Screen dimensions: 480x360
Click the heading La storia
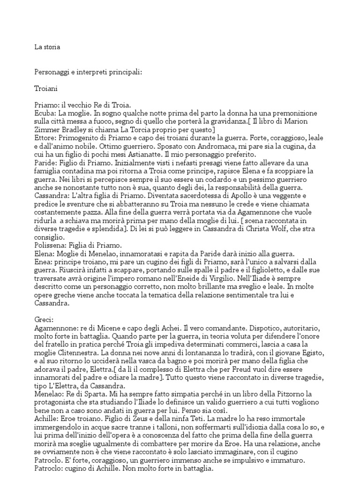click(47, 47)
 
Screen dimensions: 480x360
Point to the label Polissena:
click(51, 245)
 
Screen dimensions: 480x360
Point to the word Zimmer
click(47, 130)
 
